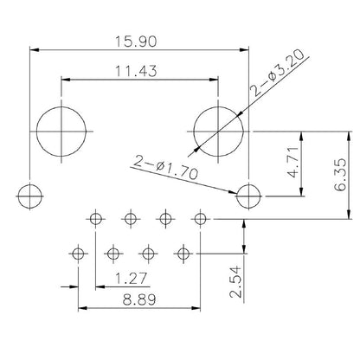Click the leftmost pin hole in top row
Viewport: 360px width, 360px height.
tap(95, 217)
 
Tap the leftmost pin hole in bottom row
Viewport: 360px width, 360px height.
tap(78, 254)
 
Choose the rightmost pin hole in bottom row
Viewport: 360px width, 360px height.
tap(183, 254)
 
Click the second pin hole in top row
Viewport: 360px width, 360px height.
tap(131, 217)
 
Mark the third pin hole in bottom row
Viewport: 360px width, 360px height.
tap(148, 254)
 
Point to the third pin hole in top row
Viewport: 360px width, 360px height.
tap(165, 217)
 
